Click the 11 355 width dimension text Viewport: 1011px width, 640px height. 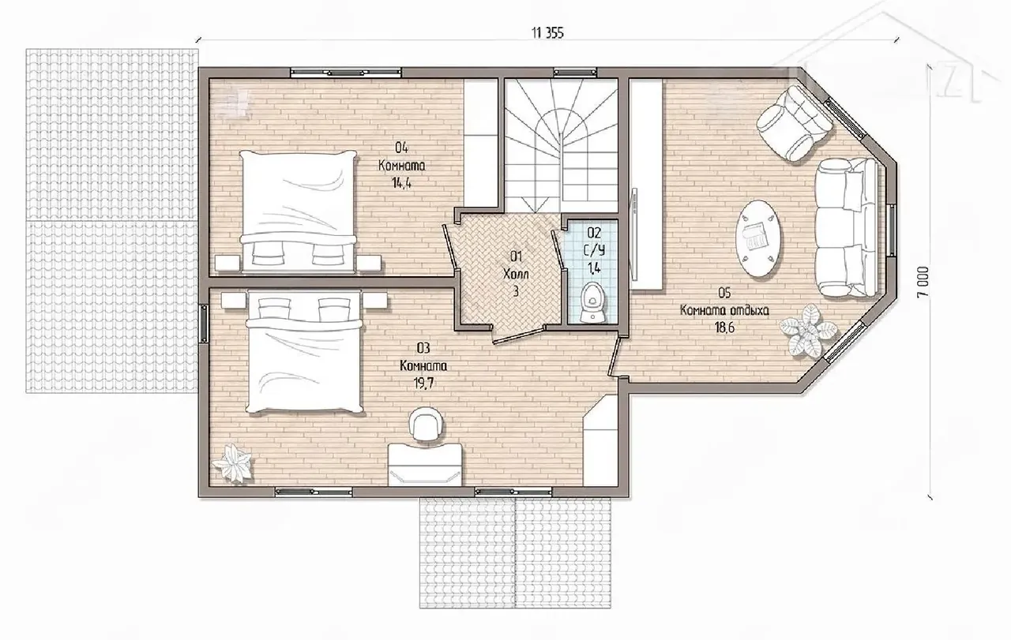(x=547, y=33)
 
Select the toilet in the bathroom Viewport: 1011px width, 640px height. (x=591, y=302)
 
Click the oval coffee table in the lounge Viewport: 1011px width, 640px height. (x=758, y=238)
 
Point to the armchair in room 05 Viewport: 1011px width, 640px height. (x=795, y=122)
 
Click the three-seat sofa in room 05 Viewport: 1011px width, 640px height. (x=847, y=227)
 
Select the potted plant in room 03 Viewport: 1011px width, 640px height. (x=232, y=462)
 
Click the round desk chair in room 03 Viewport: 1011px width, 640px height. (x=426, y=425)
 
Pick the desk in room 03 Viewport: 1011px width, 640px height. (x=426, y=464)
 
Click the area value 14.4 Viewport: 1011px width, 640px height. (x=401, y=183)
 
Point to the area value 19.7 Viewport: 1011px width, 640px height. (x=423, y=384)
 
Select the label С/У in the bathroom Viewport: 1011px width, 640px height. (x=594, y=250)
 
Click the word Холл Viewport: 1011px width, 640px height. (x=516, y=274)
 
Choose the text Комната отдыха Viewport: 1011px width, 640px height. (x=724, y=310)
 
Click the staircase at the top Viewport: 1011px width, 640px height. (x=561, y=144)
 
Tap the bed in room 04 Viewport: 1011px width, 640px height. (x=298, y=211)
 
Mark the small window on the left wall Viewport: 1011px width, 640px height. (x=204, y=323)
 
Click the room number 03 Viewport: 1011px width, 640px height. (x=423, y=348)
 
